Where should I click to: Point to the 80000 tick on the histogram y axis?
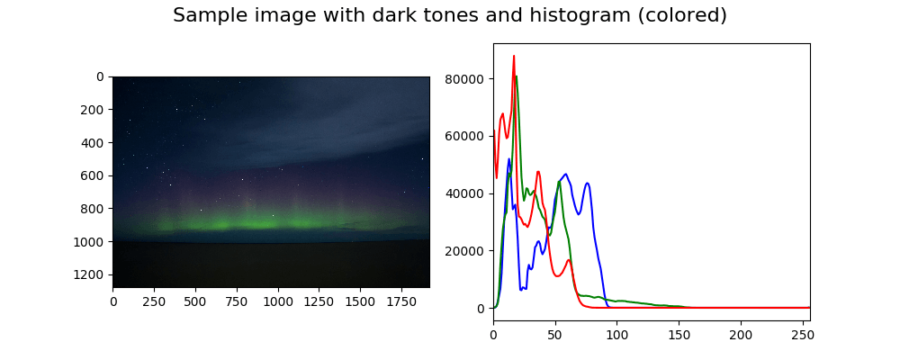pos(465,78)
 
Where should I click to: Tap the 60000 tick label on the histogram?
pos(465,136)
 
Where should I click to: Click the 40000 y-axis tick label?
pos(465,193)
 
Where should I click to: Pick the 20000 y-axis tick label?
pos(465,251)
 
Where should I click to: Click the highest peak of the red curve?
pos(514,56)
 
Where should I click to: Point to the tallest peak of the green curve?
pos(516,76)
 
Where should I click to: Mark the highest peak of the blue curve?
pos(508,159)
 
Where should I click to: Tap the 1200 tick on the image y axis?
pos(94,274)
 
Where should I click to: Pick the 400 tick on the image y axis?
pos(94,142)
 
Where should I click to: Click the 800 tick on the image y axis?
pos(94,208)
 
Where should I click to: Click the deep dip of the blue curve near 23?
pos(522,289)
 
